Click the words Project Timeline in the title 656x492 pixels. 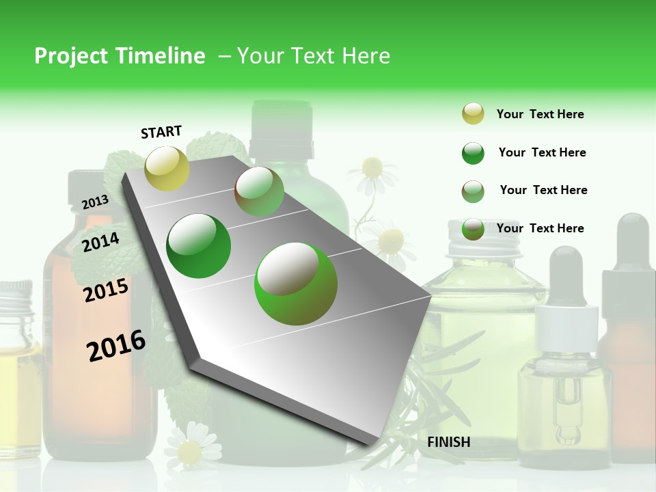(120, 56)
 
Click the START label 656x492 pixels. (161, 132)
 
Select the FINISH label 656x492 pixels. (448, 442)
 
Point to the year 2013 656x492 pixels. (95, 202)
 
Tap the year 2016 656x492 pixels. (116, 346)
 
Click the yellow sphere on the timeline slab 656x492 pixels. (167, 168)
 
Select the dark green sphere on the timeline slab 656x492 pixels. (199, 246)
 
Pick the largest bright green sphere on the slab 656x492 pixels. (296, 284)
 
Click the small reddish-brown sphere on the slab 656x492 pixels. (259, 192)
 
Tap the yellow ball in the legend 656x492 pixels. (473, 114)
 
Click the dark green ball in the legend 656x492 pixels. (473, 153)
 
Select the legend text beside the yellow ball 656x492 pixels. (540, 114)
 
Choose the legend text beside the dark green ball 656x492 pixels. (542, 152)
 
